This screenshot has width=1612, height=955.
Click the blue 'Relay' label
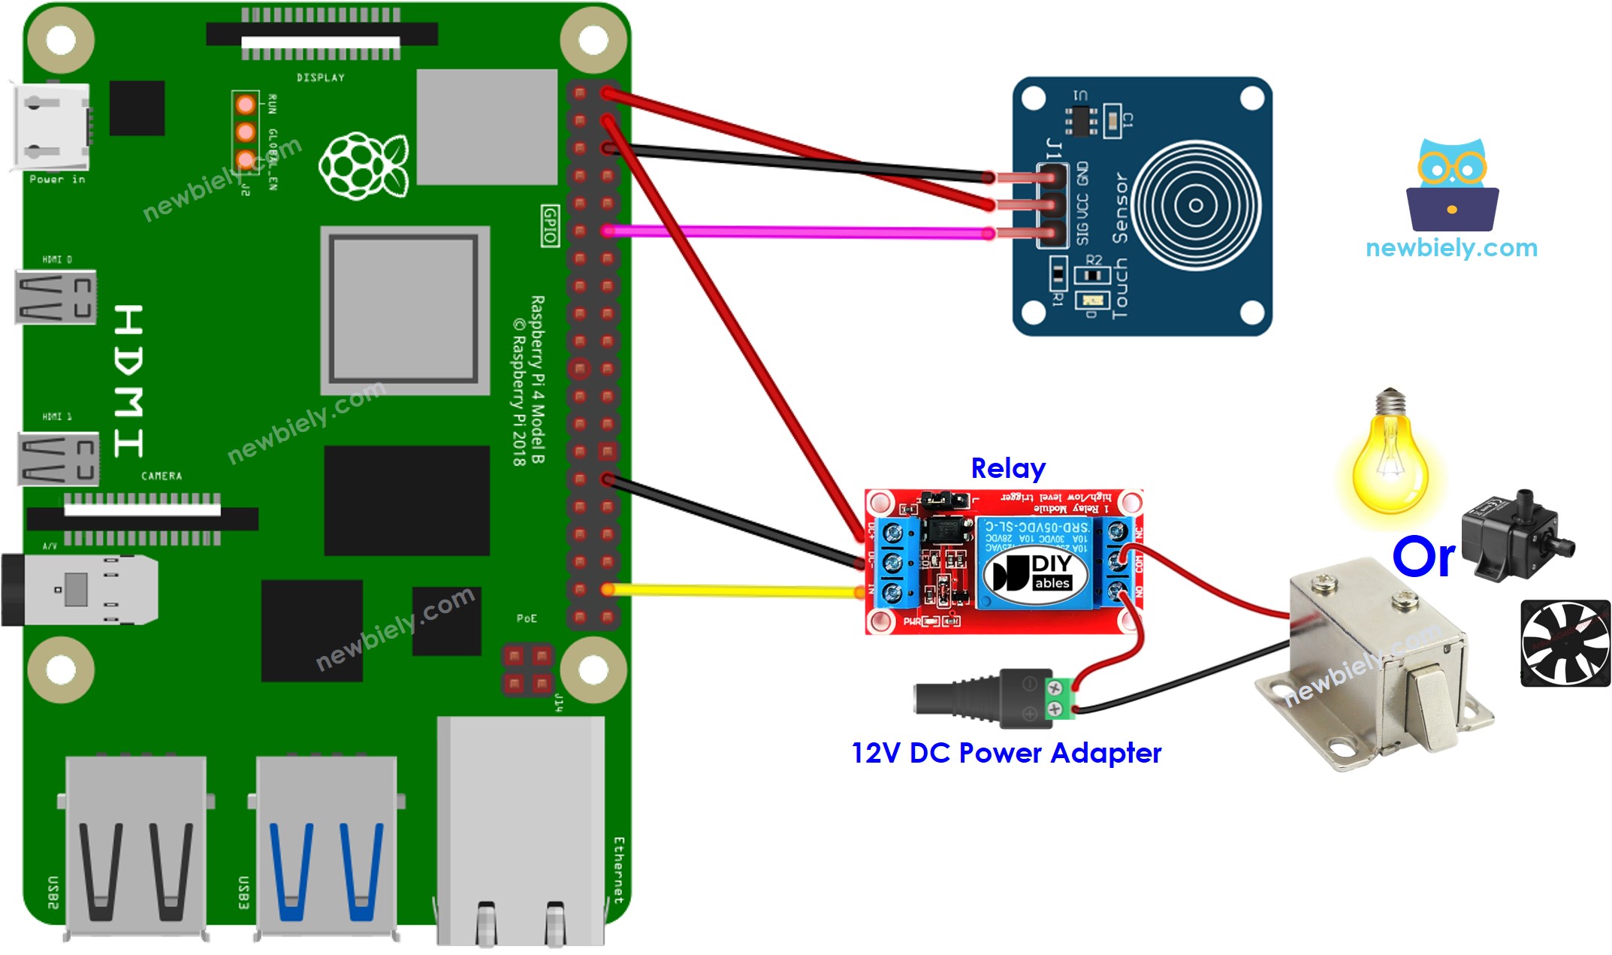point(1007,469)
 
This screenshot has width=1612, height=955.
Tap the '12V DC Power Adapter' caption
point(1006,753)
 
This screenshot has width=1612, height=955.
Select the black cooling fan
point(1565,642)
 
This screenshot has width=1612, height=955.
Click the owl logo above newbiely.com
point(1452,185)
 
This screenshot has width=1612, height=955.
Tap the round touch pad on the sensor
point(1195,205)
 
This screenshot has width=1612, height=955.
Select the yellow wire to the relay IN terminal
point(736,591)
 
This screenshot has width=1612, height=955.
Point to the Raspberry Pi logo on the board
point(364,166)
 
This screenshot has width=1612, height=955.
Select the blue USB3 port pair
point(326,849)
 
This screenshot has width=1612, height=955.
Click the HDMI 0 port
point(56,297)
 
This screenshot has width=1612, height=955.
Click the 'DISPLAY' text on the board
point(320,77)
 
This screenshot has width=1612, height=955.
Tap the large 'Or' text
point(1423,558)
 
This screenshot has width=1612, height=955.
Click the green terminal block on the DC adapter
point(1059,698)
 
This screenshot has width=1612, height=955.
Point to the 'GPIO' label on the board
point(550,225)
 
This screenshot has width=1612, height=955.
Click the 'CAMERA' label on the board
point(161,476)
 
